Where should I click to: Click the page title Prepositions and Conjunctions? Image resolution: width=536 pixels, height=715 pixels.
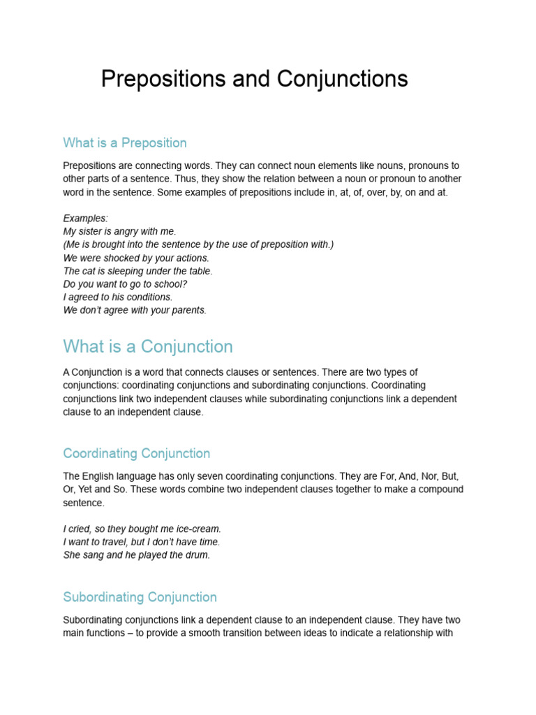coord(254,79)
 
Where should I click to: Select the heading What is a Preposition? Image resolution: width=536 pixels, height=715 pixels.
coord(125,143)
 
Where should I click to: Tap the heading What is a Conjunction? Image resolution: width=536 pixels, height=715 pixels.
coord(148,346)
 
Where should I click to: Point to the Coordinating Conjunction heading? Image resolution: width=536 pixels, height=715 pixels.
coord(136,454)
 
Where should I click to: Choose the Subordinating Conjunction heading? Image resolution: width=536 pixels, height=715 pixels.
coord(140,597)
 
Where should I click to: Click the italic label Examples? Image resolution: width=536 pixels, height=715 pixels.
coord(85,219)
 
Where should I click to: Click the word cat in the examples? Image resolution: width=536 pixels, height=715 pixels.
coord(89,271)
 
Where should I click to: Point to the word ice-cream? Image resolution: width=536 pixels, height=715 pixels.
coord(200,529)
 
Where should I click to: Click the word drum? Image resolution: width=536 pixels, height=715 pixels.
coord(198,556)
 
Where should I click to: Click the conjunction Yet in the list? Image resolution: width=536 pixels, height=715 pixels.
coord(88,489)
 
